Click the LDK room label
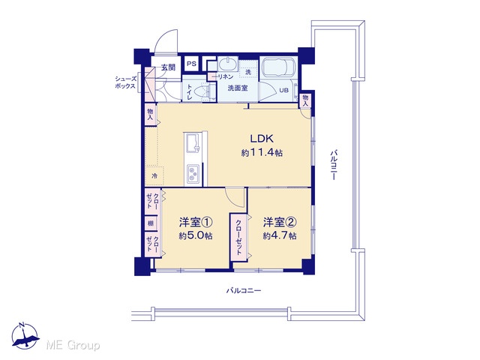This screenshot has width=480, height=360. point(262,139)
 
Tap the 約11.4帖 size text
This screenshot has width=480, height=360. point(262,152)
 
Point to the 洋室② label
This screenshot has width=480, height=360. point(280,222)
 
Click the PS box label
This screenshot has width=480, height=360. point(192,64)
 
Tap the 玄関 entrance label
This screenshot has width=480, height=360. point(168,67)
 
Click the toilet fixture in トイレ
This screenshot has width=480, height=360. point(204,91)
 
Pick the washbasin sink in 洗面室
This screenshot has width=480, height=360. point(227,64)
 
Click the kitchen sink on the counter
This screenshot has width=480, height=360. point(192,143)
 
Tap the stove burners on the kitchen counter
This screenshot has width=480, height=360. point(193,174)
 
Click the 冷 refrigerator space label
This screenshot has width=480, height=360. point(155,176)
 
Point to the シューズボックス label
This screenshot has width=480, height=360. point(125,82)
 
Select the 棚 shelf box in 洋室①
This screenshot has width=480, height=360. point(151,223)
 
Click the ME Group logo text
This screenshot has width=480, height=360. point(73,346)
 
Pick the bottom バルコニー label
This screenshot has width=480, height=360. point(244,290)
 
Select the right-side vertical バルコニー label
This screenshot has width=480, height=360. point(334,164)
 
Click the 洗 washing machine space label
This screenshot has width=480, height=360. point(248,72)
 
